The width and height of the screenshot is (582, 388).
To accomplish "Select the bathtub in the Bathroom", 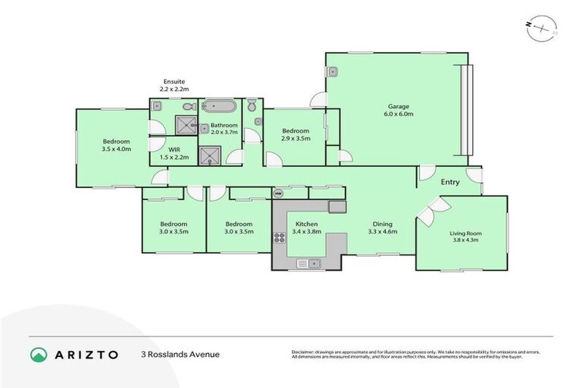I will [x=221, y=107].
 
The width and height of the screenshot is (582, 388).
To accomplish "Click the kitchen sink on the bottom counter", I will [x=310, y=263].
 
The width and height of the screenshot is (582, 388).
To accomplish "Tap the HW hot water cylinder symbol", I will [x=278, y=192].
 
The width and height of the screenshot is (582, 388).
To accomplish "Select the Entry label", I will [x=450, y=182].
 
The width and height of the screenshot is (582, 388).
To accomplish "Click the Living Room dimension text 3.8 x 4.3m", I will [x=467, y=239].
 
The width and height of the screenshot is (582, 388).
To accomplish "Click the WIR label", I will [x=174, y=149].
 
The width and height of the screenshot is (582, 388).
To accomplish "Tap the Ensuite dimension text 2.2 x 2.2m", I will [x=174, y=89].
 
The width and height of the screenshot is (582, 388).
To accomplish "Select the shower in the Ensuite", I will [x=184, y=125].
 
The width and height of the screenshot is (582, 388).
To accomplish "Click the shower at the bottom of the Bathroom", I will [x=210, y=155].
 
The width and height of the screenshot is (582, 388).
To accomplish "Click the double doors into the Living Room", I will [x=427, y=211].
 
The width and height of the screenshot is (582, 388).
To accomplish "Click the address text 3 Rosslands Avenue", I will [x=180, y=354].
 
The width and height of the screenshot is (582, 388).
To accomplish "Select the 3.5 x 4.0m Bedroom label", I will [x=117, y=145].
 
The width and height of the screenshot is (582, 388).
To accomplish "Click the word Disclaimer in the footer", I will [x=305, y=352].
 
